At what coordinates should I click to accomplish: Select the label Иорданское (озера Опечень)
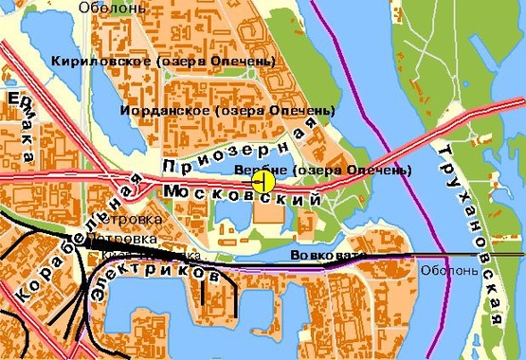click(228, 111)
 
